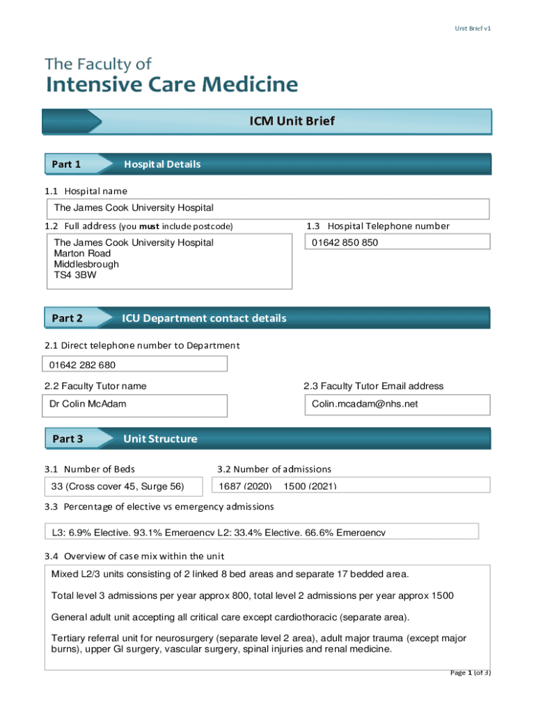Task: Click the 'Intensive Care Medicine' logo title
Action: (x=172, y=86)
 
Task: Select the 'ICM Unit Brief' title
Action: (x=292, y=121)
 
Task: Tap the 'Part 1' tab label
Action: (x=66, y=164)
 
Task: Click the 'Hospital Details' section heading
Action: (x=162, y=164)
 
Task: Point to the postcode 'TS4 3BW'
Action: (x=75, y=275)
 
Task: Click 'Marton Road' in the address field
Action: (x=82, y=253)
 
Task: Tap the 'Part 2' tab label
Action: (x=67, y=318)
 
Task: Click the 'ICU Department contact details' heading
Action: (x=204, y=318)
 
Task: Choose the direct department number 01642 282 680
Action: (x=82, y=365)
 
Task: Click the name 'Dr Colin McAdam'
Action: (x=88, y=404)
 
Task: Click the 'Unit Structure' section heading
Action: (x=160, y=439)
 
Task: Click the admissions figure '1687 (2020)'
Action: (x=245, y=486)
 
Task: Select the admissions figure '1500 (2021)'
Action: (x=310, y=486)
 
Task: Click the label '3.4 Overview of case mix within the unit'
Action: (x=134, y=556)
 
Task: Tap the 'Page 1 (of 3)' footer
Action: (x=471, y=673)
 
